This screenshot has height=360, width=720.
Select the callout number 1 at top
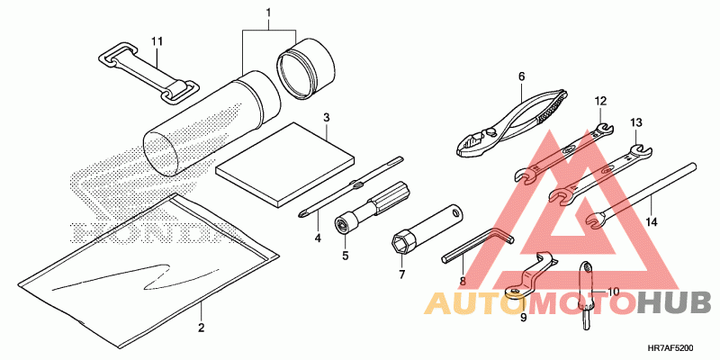267,13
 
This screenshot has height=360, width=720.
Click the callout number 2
201,328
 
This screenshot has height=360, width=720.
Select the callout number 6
520,76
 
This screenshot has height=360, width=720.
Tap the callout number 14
652,221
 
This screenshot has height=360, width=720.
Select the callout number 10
613,292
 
